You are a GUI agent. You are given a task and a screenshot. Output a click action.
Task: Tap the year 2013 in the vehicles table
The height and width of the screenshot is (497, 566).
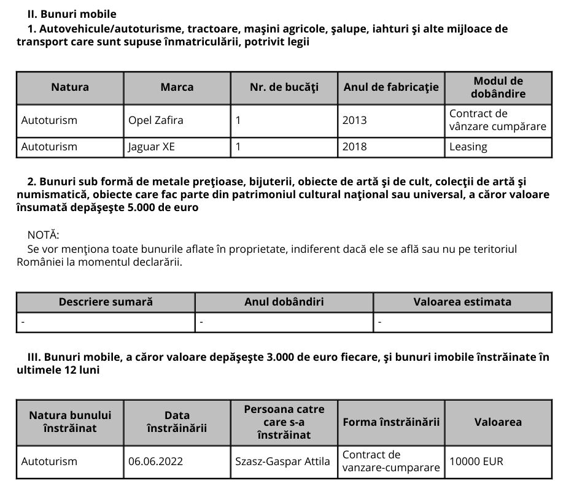click(x=354, y=120)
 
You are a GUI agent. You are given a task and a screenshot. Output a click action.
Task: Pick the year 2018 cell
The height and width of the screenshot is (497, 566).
click(x=354, y=147)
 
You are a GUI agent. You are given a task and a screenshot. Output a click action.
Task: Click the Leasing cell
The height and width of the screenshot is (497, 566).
click(x=468, y=147)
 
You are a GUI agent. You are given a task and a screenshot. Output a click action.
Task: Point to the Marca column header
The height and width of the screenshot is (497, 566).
click(x=177, y=87)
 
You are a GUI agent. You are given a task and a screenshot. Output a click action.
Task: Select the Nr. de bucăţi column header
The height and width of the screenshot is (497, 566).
click(x=284, y=87)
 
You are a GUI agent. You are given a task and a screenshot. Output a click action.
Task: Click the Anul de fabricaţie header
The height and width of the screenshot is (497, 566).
click(x=391, y=87)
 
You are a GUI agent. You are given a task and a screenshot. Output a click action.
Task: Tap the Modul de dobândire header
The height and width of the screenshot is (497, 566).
click(x=498, y=87)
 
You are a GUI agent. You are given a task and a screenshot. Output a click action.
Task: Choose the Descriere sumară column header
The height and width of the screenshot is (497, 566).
click(x=106, y=302)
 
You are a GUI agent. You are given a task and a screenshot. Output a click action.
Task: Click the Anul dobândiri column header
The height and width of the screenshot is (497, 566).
click(x=284, y=302)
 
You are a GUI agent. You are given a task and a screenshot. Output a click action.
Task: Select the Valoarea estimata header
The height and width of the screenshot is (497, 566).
click(x=462, y=302)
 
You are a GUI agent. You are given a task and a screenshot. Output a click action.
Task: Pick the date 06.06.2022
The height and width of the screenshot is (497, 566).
click(x=155, y=461)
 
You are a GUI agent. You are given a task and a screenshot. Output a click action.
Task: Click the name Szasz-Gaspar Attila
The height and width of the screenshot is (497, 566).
click(x=282, y=461)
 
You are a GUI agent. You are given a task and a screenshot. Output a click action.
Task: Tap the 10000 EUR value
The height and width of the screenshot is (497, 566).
click(x=476, y=461)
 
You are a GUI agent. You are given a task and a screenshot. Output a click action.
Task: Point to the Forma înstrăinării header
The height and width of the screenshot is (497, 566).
click(x=391, y=422)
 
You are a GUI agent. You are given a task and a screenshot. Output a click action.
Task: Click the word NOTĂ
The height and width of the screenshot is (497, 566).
click(x=44, y=235)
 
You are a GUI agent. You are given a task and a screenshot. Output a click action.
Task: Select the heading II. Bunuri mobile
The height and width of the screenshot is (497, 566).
click(x=72, y=13)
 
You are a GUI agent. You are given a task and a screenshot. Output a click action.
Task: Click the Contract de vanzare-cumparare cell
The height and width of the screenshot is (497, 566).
click(x=391, y=461)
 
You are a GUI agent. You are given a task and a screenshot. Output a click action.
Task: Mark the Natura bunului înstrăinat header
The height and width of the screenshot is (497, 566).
click(x=70, y=422)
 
